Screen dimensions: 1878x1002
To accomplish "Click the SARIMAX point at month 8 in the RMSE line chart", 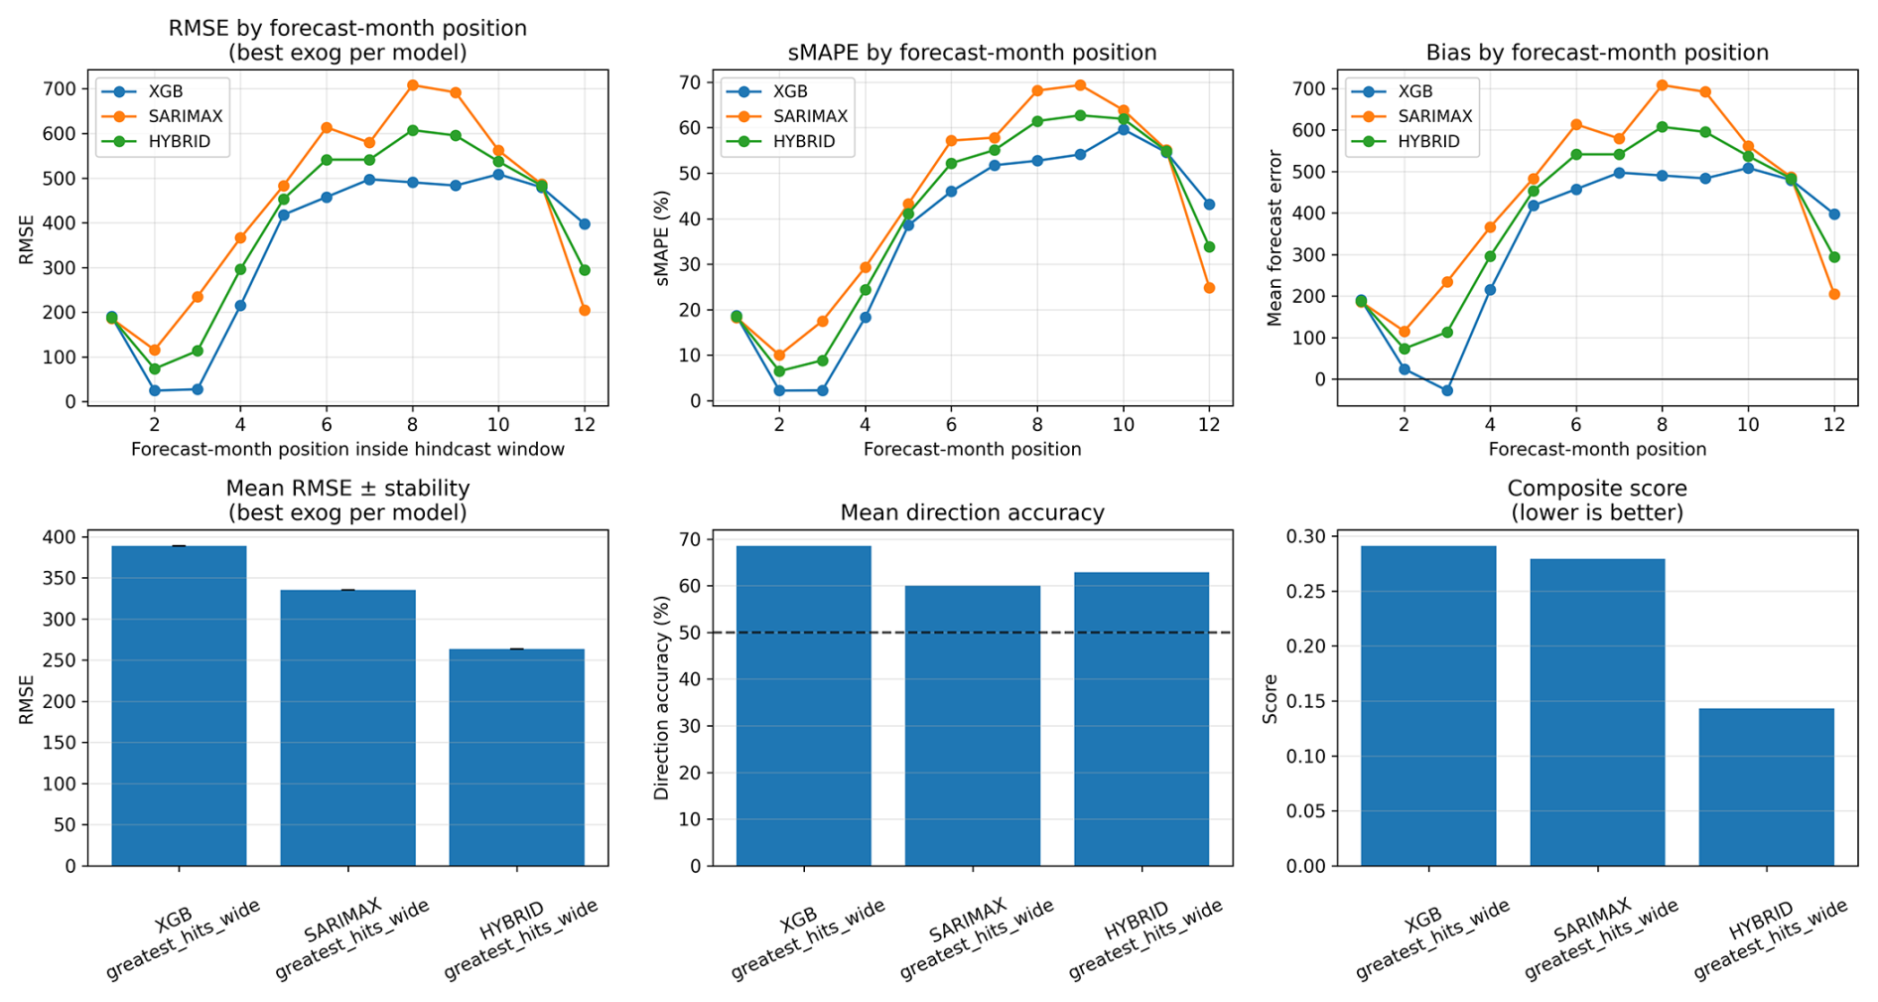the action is (x=412, y=85).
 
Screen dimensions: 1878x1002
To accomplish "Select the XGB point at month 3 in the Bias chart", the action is (x=1447, y=390).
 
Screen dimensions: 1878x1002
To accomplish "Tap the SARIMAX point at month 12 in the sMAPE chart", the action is (x=1209, y=288).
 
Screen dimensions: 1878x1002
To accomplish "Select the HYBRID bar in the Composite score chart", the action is (x=1766, y=787).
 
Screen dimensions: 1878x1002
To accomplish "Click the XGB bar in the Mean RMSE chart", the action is (x=179, y=706).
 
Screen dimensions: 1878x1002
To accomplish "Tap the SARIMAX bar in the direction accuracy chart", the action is (x=973, y=726).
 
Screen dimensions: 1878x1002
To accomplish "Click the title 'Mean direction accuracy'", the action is (x=972, y=512).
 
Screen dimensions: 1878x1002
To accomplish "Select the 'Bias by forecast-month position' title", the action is (x=1597, y=52).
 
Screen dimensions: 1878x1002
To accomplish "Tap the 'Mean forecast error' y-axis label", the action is (x=1274, y=238).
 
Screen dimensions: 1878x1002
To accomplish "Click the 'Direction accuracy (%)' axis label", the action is (x=662, y=698).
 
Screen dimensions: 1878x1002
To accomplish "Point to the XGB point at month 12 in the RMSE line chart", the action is (x=585, y=224).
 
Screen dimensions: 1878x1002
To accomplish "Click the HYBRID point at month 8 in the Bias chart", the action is (x=1663, y=127).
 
